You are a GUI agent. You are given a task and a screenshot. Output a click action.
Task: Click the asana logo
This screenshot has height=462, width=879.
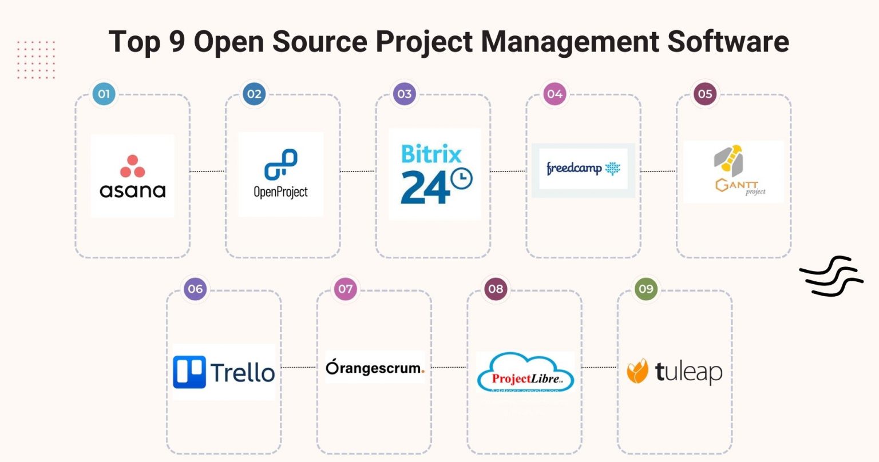click(x=132, y=176)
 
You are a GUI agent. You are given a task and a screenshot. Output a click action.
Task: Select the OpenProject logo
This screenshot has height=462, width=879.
click(x=280, y=174)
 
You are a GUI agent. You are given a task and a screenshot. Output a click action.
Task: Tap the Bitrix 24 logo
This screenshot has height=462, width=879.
click(x=435, y=174)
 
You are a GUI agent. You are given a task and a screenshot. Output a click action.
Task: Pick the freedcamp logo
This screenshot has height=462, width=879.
click(x=583, y=169)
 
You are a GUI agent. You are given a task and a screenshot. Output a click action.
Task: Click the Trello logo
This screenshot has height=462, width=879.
click(x=224, y=372)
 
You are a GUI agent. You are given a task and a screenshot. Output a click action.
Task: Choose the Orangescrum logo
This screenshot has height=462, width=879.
click(x=375, y=368)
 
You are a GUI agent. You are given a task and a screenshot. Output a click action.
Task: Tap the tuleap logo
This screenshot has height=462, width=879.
click(x=674, y=372)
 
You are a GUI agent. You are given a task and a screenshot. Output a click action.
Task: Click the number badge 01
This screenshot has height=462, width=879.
click(x=104, y=94)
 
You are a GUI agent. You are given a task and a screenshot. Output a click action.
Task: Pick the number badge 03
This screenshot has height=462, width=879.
click(x=404, y=94)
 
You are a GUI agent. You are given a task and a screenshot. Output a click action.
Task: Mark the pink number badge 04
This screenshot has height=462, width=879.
click(x=555, y=94)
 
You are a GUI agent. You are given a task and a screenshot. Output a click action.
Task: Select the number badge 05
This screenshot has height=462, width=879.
click(x=704, y=94)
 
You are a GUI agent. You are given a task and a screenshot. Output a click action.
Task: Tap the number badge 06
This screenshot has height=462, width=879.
click(x=195, y=289)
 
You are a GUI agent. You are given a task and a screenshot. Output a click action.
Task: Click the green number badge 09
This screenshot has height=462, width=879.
click(x=646, y=289)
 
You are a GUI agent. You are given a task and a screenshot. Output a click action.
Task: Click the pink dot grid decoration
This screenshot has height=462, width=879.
click(x=36, y=59)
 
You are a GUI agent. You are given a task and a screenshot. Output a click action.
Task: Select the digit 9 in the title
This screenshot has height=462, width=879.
click(x=177, y=42)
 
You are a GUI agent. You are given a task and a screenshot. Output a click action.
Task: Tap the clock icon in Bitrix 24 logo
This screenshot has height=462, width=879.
click(x=461, y=179)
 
